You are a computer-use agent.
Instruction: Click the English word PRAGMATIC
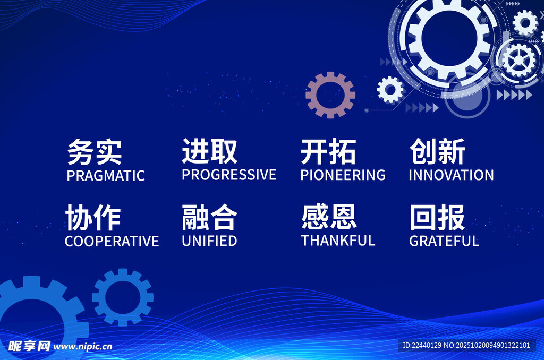point(106,176)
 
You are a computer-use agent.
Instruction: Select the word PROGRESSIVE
point(229,175)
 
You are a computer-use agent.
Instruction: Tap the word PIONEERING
point(343,175)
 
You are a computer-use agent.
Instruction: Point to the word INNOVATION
point(451,175)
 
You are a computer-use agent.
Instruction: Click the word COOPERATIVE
point(112,241)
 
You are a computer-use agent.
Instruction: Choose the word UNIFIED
point(209,241)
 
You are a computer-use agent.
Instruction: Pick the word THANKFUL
point(338,241)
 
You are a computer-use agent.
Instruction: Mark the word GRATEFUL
point(444,241)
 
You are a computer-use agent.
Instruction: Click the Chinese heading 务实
point(95,152)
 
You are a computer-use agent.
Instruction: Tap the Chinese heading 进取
point(209,151)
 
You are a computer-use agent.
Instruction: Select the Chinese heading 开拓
point(328,151)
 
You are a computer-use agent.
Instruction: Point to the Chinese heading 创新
point(437,151)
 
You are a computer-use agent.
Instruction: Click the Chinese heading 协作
point(93,218)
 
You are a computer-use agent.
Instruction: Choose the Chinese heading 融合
point(209,217)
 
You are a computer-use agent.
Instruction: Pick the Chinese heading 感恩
point(329,217)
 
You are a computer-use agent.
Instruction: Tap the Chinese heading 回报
point(437,217)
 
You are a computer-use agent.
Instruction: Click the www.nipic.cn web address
point(83,347)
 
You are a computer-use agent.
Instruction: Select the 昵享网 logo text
point(29,346)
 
